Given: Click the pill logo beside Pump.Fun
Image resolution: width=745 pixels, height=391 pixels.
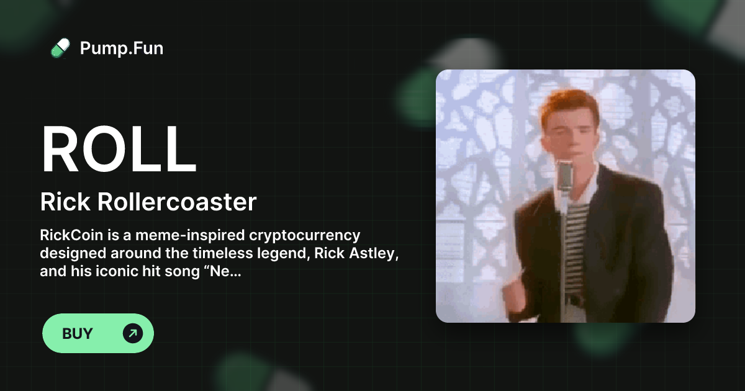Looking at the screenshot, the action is (x=60, y=48).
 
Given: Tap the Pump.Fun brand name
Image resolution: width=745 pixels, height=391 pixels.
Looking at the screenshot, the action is (x=122, y=48).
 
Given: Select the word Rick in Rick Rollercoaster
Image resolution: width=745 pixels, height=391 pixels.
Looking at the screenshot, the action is (x=65, y=202).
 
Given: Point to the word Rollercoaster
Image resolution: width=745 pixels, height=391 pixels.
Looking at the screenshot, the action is (x=176, y=202).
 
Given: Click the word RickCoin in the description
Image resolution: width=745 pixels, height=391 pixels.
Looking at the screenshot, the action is (x=71, y=235).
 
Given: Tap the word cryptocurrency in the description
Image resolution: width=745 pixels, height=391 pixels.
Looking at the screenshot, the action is (x=305, y=236).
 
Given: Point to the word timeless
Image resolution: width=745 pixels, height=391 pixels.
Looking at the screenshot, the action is (x=222, y=253).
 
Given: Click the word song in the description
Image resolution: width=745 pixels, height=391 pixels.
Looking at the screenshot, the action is (x=182, y=272).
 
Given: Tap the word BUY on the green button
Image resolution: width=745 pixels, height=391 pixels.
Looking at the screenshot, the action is (x=77, y=333).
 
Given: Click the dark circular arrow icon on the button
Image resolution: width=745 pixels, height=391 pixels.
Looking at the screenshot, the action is (x=133, y=333).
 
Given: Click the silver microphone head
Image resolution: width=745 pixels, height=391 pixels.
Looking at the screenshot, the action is (x=564, y=175).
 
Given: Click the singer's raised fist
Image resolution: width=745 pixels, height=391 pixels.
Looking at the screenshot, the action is (x=514, y=293).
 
